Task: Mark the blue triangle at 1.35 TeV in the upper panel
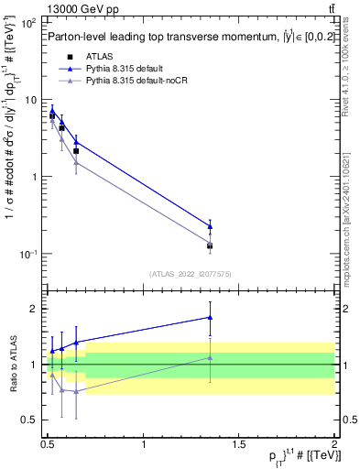(x=211, y=225)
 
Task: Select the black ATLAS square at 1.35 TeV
(x=211, y=245)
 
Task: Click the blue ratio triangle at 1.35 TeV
(x=211, y=317)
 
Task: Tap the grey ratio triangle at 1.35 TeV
(x=211, y=358)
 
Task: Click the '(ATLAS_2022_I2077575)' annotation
(x=190, y=274)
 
